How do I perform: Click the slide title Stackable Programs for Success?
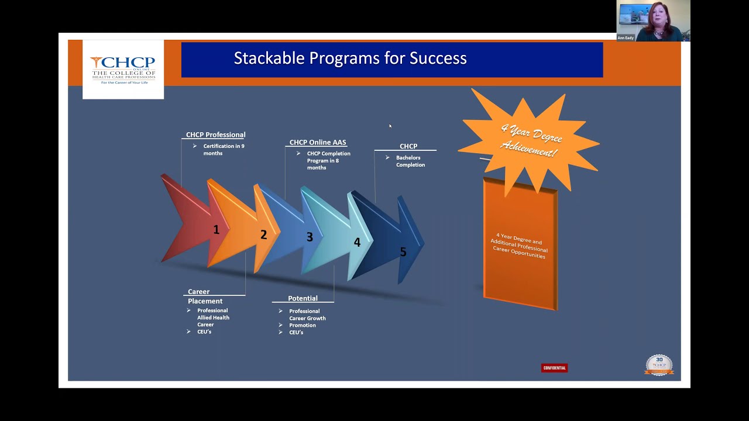tap(350, 58)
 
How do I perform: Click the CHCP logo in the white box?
tap(123, 69)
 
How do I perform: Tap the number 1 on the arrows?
tap(216, 230)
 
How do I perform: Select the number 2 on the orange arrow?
tap(263, 234)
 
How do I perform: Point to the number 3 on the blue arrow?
tap(310, 237)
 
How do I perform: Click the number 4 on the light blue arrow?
tap(357, 242)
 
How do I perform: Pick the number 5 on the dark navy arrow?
tap(403, 251)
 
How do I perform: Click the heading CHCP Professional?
tap(215, 134)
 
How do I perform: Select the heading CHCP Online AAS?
tap(318, 142)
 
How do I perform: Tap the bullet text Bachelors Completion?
tap(410, 161)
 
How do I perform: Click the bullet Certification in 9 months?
tap(224, 150)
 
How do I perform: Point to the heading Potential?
tap(303, 298)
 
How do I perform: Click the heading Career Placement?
tap(205, 296)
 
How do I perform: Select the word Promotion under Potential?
tap(302, 325)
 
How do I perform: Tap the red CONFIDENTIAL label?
tap(554, 368)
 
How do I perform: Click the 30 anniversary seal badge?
tap(659, 365)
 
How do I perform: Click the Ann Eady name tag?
tap(626, 38)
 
